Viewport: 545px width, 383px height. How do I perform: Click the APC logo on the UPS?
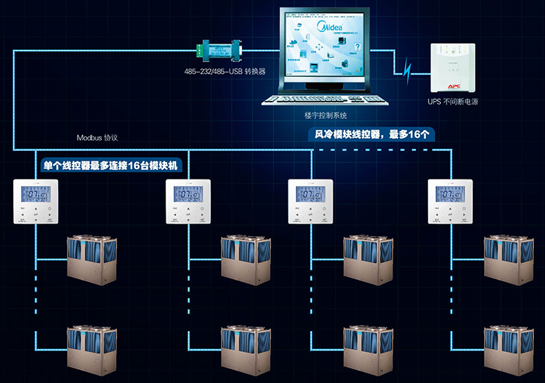[454, 86]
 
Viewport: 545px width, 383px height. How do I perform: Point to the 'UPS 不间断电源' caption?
[453, 102]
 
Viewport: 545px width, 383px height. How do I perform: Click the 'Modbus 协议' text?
[96, 138]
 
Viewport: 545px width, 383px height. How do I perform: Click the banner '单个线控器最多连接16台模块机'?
[112, 166]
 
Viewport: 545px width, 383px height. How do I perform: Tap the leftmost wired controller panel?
[36, 202]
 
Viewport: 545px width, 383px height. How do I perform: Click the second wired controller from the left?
[187, 202]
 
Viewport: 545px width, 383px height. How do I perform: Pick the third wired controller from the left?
[310, 202]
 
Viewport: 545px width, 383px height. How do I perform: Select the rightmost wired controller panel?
[451, 202]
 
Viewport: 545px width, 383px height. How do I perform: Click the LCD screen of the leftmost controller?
[36, 194]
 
